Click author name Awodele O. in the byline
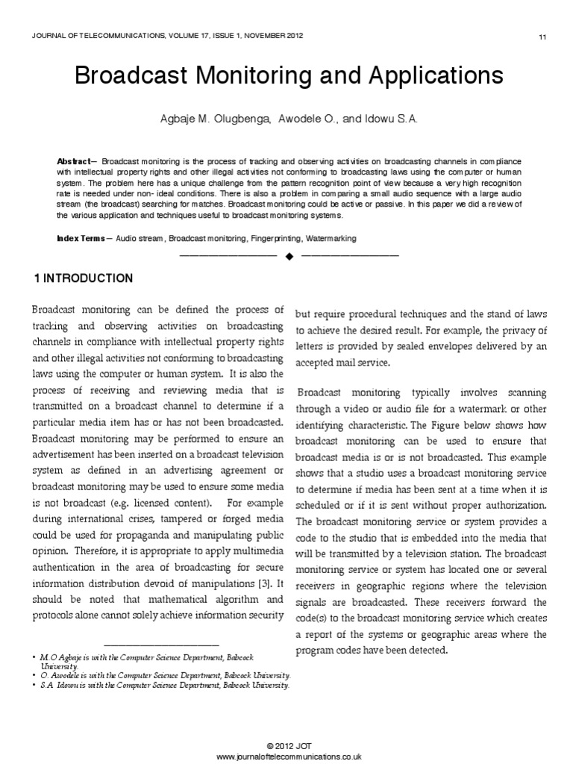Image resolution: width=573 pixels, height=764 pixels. [307, 119]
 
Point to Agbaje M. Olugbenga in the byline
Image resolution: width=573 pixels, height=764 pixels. [219, 119]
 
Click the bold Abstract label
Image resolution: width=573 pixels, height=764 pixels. [72, 162]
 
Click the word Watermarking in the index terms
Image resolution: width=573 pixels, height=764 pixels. [330, 239]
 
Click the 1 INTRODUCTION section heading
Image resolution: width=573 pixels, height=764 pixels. [84, 279]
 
